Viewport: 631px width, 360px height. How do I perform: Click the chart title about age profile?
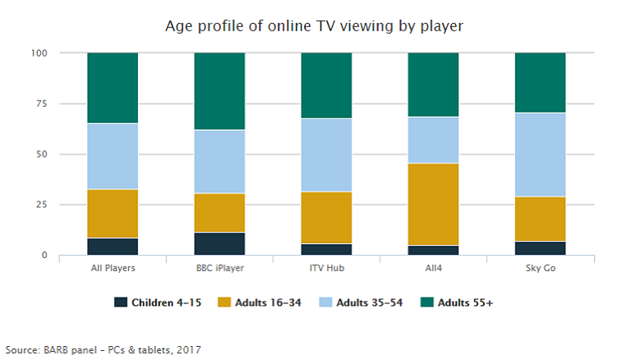[315, 27]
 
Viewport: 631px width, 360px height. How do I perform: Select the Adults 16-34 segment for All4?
[433, 204]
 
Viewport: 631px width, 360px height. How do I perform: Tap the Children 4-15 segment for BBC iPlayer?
[219, 243]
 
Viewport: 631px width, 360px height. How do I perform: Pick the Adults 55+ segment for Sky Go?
[540, 82]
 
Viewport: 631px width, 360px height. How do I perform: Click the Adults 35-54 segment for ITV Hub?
[326, 155]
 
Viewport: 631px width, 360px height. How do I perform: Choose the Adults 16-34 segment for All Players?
[113, 214]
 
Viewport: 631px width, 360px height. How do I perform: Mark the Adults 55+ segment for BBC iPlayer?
[219, 91]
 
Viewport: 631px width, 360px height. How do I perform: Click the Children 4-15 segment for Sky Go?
[540, 247]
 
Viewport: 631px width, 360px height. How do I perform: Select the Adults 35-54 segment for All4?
[433, 140]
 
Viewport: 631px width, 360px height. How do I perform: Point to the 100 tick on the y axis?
[40, 53]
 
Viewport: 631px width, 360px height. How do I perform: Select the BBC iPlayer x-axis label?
[219, 268]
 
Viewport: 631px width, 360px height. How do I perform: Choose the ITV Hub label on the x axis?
[326, 268]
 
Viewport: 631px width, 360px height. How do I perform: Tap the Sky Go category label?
[540, 268]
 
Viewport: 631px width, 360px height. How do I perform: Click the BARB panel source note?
[103, 348]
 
